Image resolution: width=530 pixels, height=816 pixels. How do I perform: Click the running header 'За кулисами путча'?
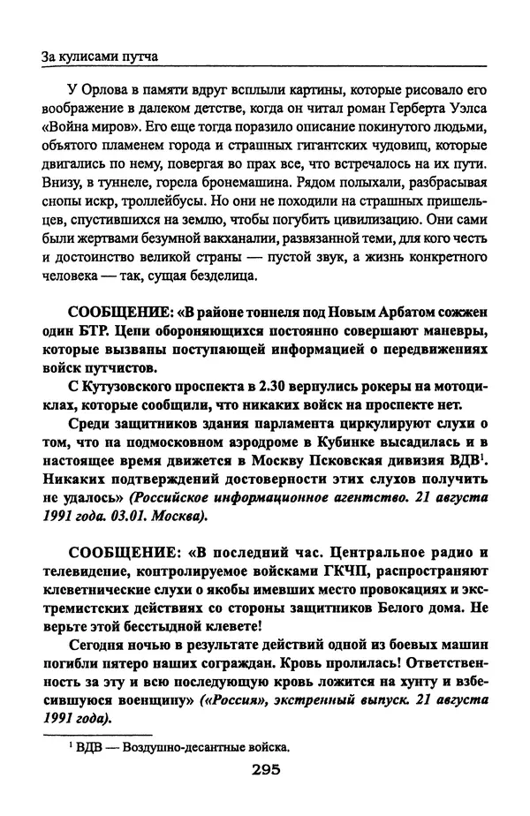click(x=99, y=57)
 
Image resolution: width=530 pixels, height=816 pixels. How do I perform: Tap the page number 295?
click(x=264, y=769)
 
